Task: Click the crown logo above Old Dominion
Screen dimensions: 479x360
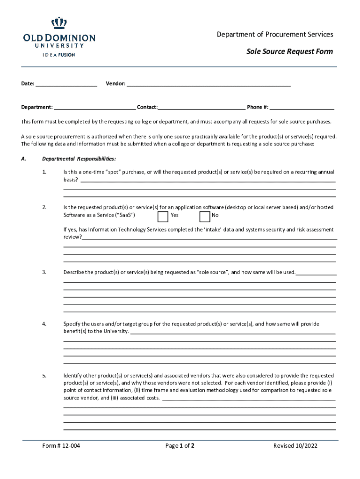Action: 59,22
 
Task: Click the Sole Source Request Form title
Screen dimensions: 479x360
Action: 289,51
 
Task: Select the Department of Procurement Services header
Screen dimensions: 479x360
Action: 275,35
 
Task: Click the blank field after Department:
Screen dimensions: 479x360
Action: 94,107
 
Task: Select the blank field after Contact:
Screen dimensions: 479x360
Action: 202,107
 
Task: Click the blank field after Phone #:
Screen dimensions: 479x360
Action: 302,107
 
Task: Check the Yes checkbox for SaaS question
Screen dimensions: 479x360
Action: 163,216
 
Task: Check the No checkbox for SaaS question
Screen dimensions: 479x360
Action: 204,216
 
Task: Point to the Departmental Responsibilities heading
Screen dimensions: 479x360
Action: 79,159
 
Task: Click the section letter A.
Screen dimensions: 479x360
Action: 23,159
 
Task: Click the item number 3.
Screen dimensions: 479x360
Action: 44,272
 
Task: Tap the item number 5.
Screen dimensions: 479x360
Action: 44,376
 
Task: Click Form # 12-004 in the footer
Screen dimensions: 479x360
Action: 61,446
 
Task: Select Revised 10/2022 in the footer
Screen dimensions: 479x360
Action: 295,446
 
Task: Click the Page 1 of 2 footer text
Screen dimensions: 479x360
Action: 180,446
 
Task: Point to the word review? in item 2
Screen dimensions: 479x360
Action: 72,237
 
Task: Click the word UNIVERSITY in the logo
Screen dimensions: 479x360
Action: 59,46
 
